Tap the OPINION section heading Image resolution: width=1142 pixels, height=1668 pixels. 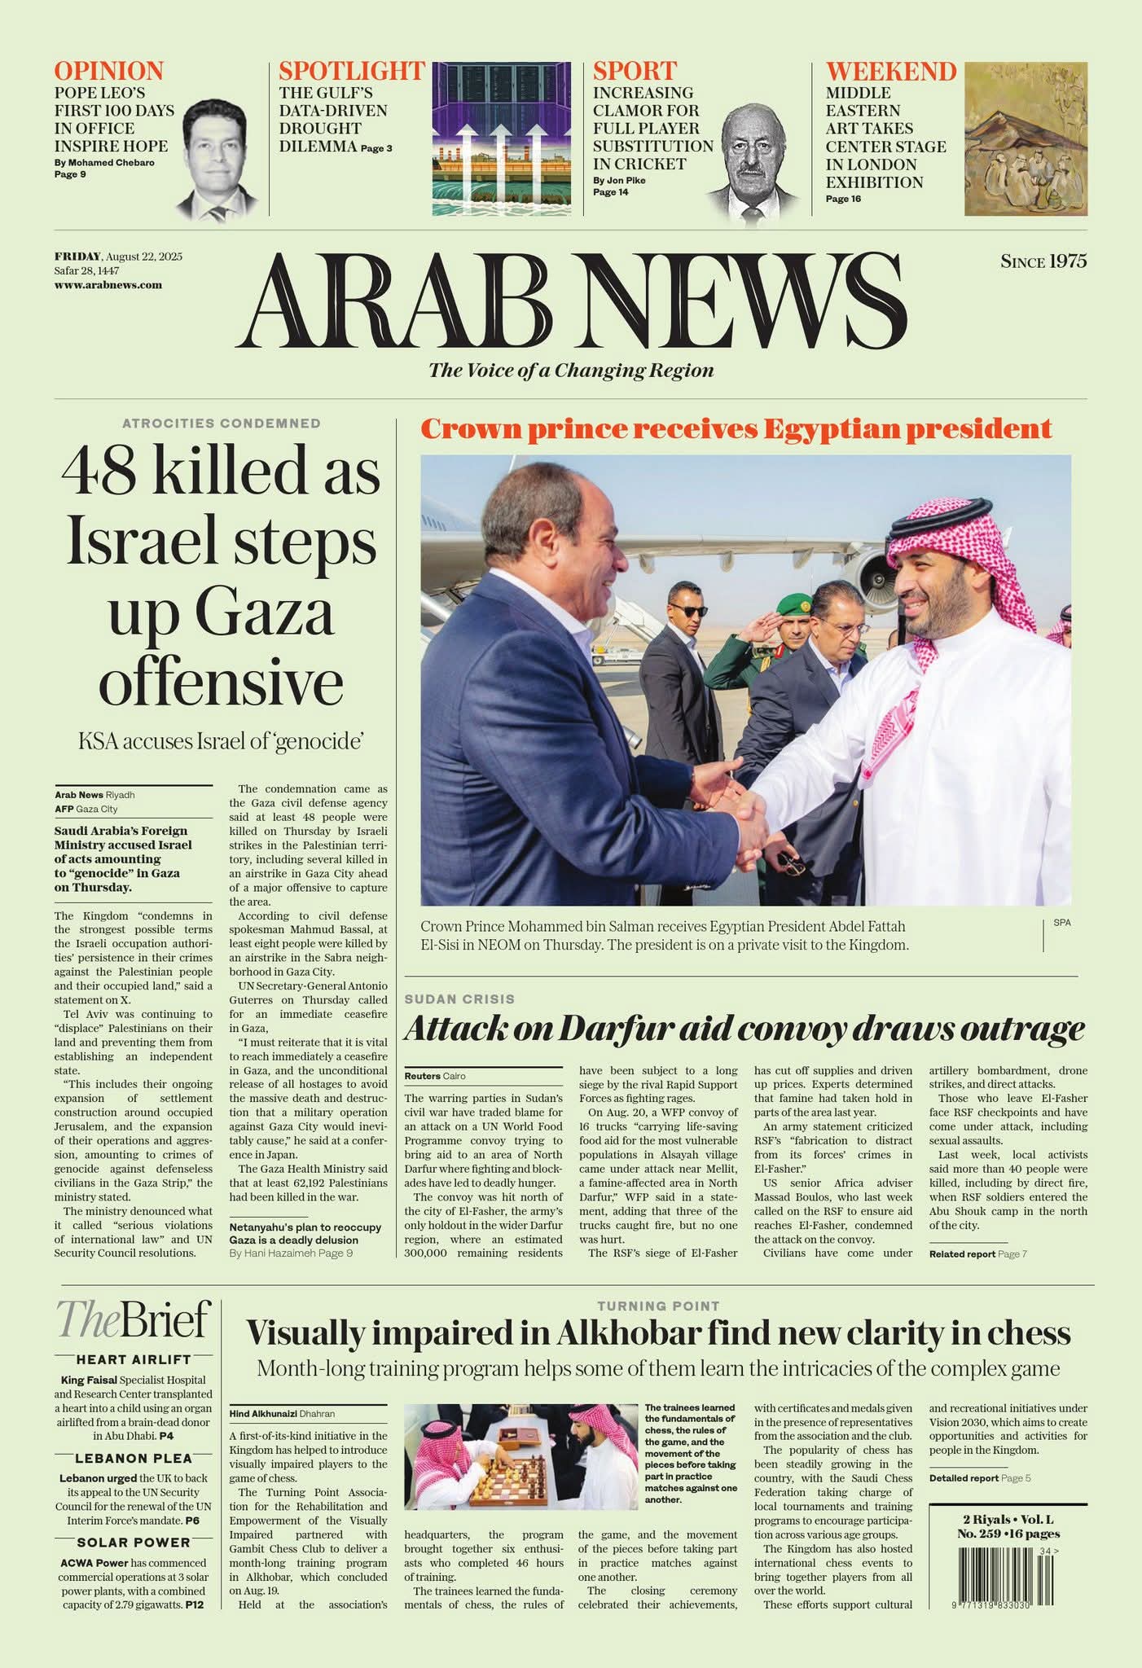pos(109,71)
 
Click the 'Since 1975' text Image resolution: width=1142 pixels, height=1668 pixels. pos(1043,261)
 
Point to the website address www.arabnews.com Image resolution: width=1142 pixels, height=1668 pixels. pos(108,285)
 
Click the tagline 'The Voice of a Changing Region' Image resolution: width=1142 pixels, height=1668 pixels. pos(571,371)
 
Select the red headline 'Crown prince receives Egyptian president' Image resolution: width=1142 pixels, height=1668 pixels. pos(736,428)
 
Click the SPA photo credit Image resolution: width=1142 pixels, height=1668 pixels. pos(1062,923)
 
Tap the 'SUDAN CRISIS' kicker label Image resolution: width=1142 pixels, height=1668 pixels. pos(459,999)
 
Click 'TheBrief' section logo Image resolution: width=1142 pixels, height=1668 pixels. pos(134,1319)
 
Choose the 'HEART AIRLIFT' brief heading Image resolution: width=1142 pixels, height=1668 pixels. pos(134,1359)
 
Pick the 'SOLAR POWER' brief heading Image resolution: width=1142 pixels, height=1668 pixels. pos(134,1543)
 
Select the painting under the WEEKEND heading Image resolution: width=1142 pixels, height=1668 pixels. pos(1026,138)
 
